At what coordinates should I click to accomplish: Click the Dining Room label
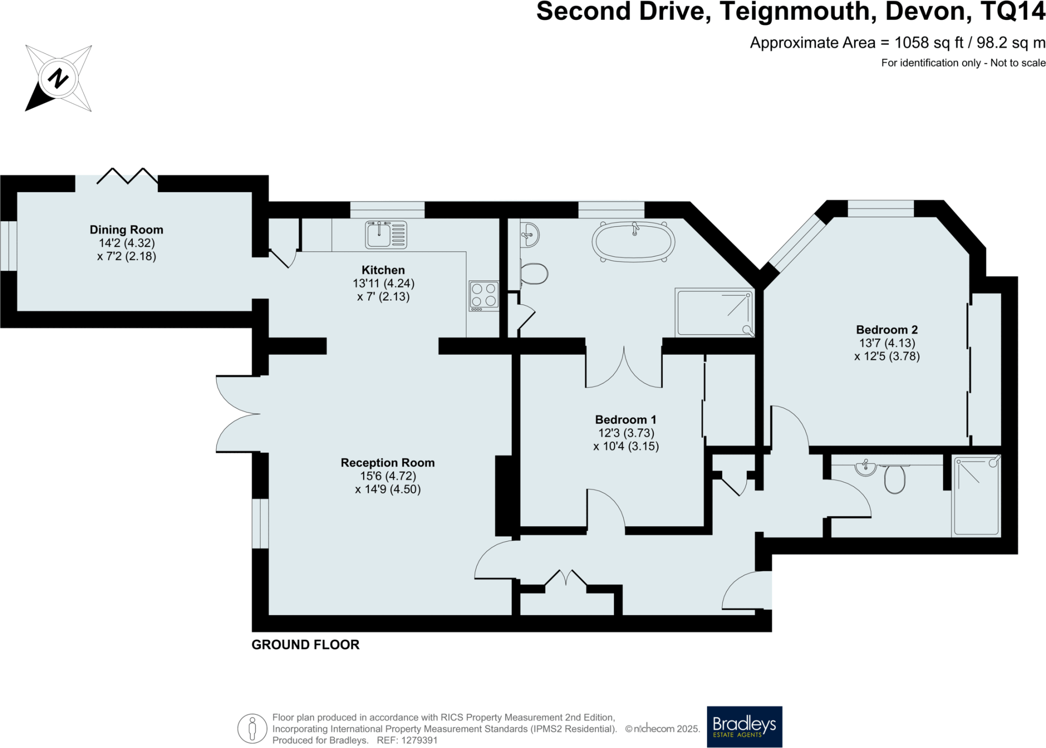click(126, 230)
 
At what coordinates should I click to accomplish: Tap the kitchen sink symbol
click(386, 234)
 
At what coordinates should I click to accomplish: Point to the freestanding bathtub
click(633, 242)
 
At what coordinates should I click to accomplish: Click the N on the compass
click(58, 79)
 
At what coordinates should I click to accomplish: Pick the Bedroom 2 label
click(887, 330)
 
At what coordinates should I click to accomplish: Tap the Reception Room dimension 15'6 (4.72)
click(388, 476)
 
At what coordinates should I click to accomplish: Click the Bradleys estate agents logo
click(744, 726)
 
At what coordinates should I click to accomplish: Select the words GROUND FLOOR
click(305, 645)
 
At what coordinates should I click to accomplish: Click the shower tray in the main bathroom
click(715, 312)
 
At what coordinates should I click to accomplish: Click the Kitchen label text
click(383, 270)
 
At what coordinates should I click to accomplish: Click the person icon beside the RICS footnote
click(252, 729)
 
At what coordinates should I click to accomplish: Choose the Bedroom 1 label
click(626, 420)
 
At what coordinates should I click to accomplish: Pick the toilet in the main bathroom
click(534, 274)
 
